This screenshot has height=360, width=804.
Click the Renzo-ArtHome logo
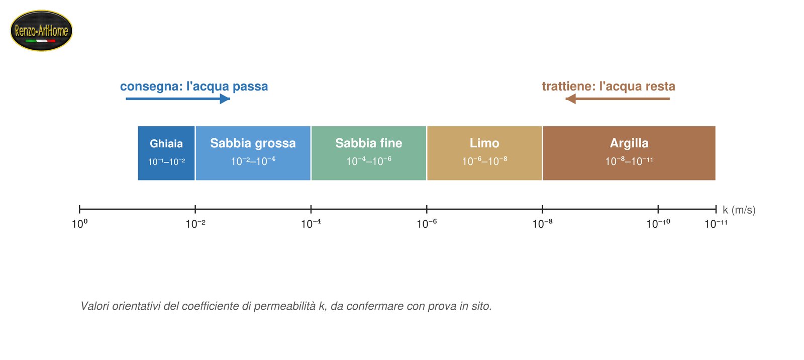click(x=41, y=31)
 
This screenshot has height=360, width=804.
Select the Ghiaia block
click(x=166, y=153)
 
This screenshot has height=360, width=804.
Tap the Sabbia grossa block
click(x=253, y=153)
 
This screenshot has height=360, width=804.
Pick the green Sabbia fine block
click(x=369, y=153)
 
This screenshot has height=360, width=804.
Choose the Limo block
click(x=484, y=153)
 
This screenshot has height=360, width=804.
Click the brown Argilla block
click(x=629, y=153)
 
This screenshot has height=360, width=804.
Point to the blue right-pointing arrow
click(x=178, y=99)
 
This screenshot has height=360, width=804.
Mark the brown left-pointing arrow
click(x=618, y=99)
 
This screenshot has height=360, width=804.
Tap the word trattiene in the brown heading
click(x=569, y=86)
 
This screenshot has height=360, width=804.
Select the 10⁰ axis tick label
click(x=80, y=224)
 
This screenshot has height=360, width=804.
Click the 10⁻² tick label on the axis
click(x=195, y=224)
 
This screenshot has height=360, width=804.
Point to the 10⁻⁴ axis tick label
click(x=311, y=224)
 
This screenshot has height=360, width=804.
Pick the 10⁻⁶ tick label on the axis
click(x=427, y=224)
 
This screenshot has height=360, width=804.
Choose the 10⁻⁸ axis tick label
click(x=542, y=224)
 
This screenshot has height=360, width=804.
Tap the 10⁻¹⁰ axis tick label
click(x=658, y=224)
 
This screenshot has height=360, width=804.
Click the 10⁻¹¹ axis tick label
click(x=716, y=224)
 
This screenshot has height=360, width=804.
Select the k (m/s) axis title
click(x=739, y=210)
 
